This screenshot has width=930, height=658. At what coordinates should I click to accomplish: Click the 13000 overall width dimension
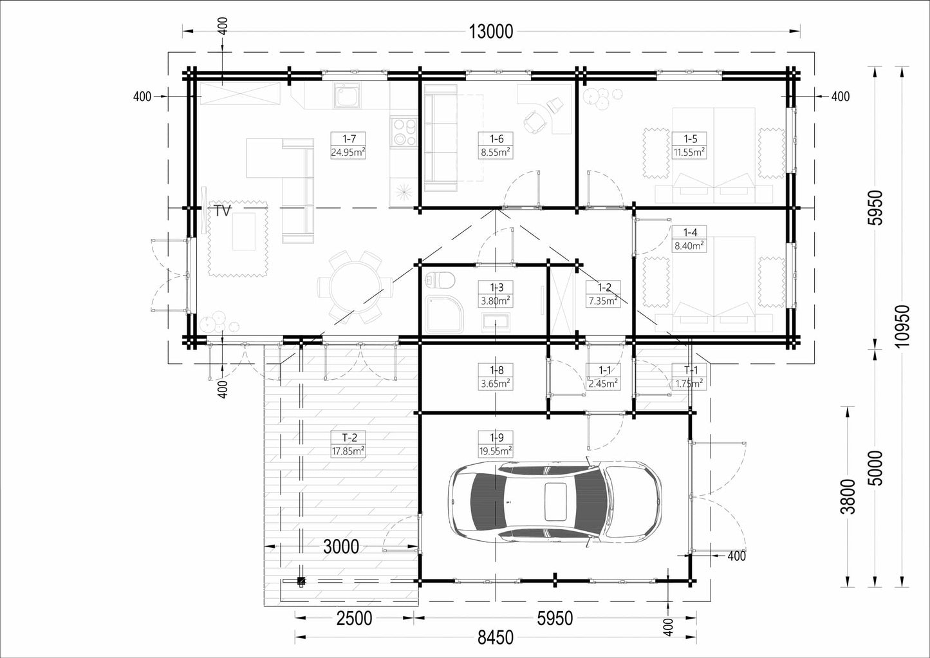click(x=490, y=32)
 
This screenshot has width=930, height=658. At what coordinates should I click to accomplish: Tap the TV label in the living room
click(x=222, y=211)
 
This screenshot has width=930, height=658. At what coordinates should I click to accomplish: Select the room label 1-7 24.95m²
click(x=348, y=146)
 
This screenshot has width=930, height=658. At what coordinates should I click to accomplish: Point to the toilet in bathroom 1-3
click(x=440, y=279)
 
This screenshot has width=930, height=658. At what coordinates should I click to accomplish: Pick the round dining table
click(x=355, y=287)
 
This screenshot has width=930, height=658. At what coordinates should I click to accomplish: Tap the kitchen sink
click(x=347, y=95)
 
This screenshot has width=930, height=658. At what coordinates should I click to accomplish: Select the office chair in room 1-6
click(x=535, y=120)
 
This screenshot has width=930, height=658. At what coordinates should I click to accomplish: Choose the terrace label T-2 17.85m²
click(x=348, y=444)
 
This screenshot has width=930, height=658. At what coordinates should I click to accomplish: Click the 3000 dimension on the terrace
click(x=341, y=547)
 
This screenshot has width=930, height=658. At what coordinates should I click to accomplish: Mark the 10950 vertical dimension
click(x=902, y=326)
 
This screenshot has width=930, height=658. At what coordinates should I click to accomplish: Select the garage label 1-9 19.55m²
click(x=496, y=444)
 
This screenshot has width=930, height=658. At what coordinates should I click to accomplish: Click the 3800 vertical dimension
click(x=848, y=496)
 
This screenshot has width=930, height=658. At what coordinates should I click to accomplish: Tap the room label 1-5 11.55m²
click(x=689, y=146)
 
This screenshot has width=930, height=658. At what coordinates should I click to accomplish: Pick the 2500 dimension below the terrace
click(x=354, y=619)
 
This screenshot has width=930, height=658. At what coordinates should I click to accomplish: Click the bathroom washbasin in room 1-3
click(x=496, y=323)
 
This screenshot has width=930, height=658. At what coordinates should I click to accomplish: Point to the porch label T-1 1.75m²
click(x=689, y=377)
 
